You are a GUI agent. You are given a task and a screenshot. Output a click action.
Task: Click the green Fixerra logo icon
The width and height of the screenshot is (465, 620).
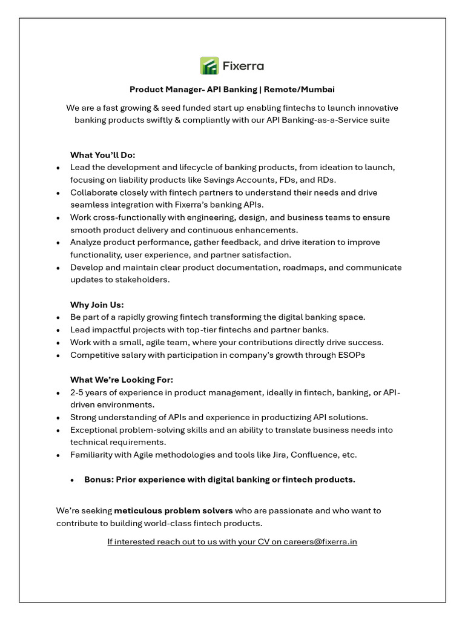tap(209, 65)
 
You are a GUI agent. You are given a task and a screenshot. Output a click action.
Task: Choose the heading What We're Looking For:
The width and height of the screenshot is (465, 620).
tap(122, 380)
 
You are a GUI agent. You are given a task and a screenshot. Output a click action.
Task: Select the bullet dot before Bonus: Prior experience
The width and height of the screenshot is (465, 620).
tap(72, 480)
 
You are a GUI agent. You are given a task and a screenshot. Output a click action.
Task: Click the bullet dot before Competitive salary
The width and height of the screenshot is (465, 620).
tap(58, 355)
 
